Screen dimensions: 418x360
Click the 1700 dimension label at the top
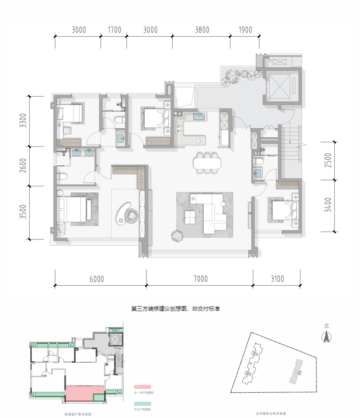(115, 31)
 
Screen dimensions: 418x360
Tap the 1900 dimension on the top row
(245, 31)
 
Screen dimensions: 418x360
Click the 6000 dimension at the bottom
(97, 279)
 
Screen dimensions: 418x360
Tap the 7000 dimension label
(200, 279)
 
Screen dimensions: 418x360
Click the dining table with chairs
(207, 163)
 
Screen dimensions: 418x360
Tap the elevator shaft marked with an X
(280, 85)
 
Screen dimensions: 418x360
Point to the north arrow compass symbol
(326, 337)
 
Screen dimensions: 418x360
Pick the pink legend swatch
(140, 387)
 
